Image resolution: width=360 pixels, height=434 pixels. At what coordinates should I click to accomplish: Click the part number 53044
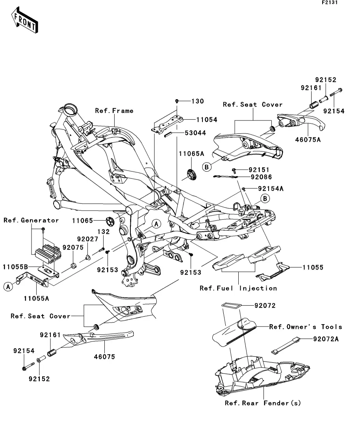coord(195,133)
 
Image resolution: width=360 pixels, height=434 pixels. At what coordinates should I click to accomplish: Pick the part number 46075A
coord(307,139)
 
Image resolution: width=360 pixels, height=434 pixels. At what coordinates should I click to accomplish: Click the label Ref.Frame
coord(114,111)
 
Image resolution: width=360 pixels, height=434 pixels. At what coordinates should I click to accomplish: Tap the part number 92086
coord(272,177)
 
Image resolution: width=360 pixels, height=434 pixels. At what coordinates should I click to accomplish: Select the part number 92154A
coord(271,189)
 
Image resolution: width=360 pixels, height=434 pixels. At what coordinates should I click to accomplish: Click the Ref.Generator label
coord(31,220)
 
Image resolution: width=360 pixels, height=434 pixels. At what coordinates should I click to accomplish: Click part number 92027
coord(86,239)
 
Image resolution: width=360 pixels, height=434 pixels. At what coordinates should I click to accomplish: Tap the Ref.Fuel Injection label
coord(238,288)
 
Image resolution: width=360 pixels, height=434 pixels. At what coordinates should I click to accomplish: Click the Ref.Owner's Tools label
coord(306,327)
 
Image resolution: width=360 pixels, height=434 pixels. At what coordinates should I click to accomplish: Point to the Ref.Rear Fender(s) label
coord(263,403)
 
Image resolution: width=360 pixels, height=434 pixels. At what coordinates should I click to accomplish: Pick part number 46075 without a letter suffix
coord(105,357)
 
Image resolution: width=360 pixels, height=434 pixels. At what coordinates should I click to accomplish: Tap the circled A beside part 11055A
coord(7,287)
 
